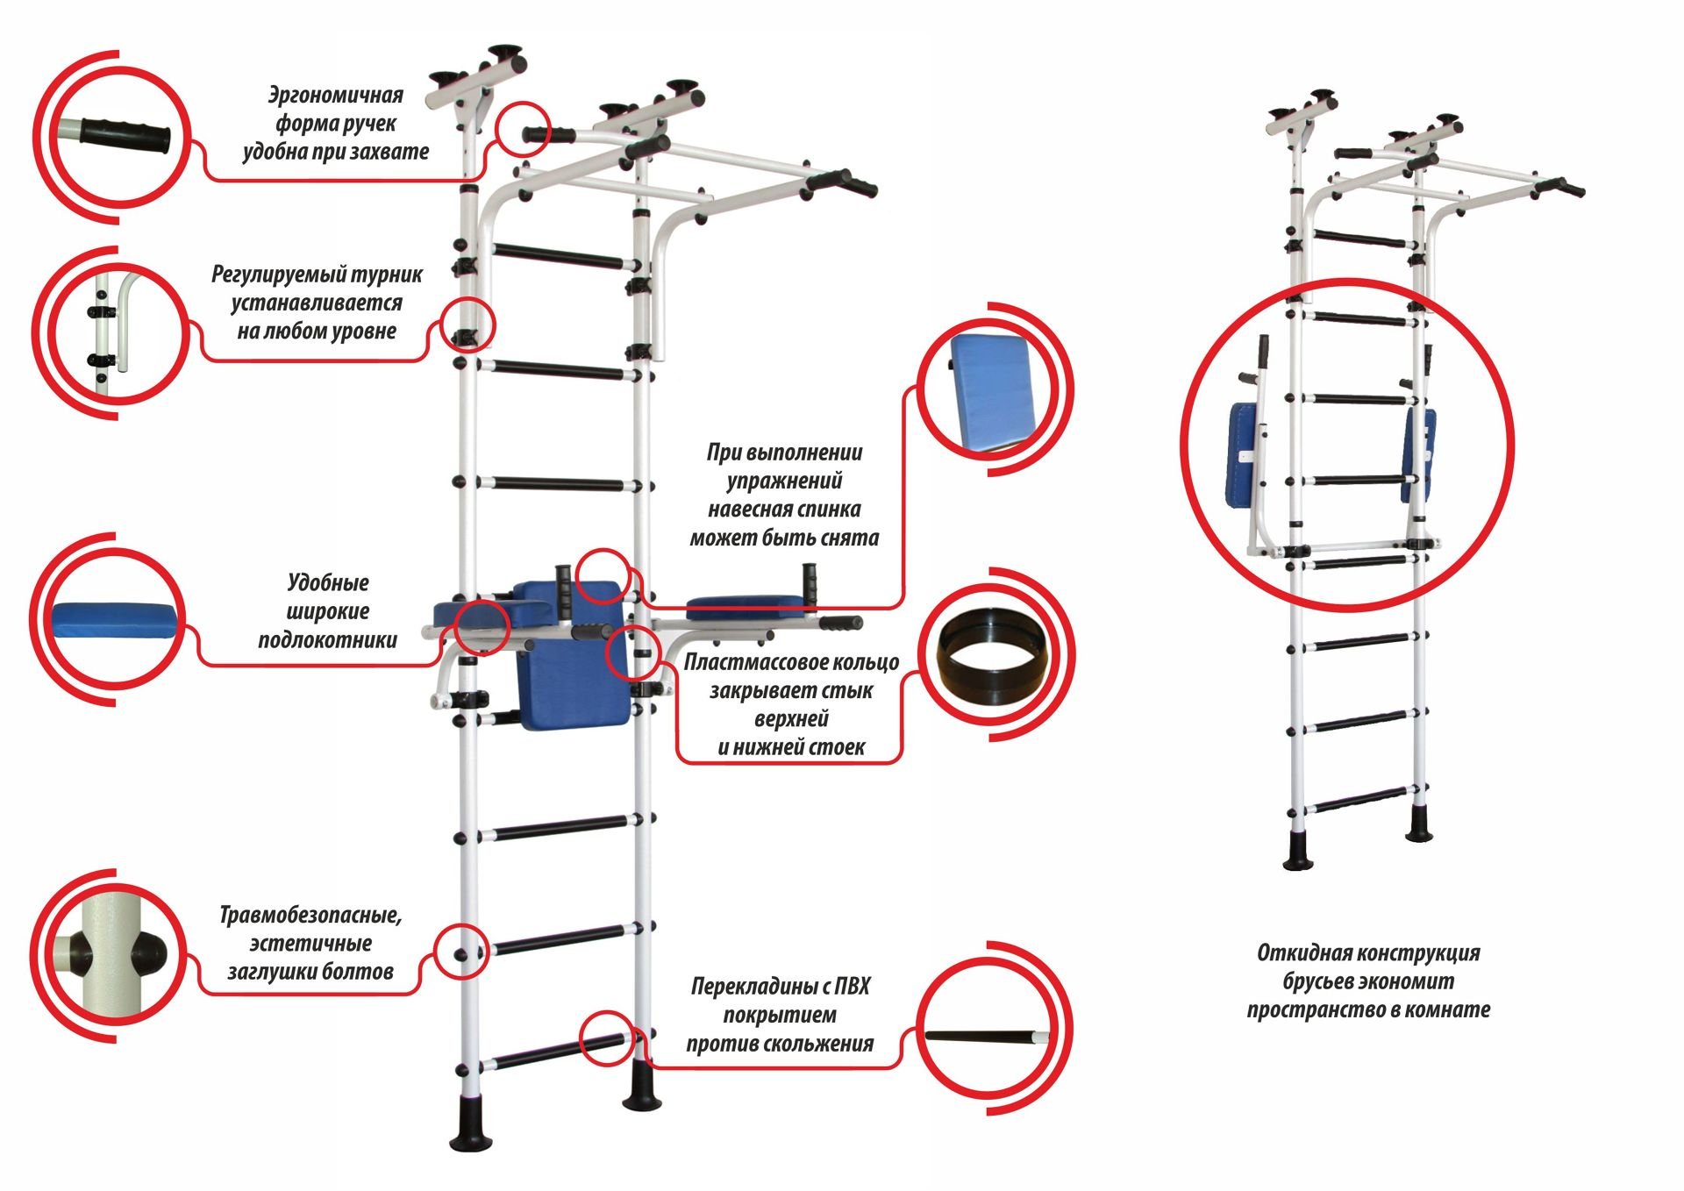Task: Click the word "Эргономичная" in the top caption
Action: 335,95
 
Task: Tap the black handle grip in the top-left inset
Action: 124,134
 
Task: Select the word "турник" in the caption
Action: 383,275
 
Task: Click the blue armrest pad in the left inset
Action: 117,618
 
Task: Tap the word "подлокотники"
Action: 327,640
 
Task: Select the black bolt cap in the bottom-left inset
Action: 148,952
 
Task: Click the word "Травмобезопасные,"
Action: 310,915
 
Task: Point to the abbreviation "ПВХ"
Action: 852,987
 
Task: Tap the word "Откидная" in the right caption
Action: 1294,952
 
